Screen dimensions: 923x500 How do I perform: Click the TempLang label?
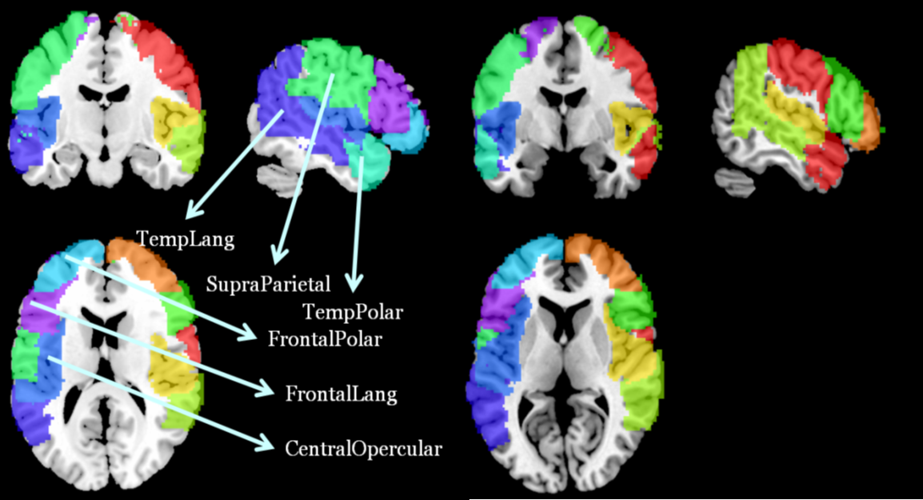click(x=186, y=238)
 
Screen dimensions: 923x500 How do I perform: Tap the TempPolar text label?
click(x=352, y=311)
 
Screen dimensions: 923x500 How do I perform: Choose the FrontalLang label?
click(x=341, y=394)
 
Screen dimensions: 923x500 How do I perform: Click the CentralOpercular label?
click(x=363, y=448)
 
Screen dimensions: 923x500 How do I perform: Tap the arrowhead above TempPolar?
click(x=355, y=282)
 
